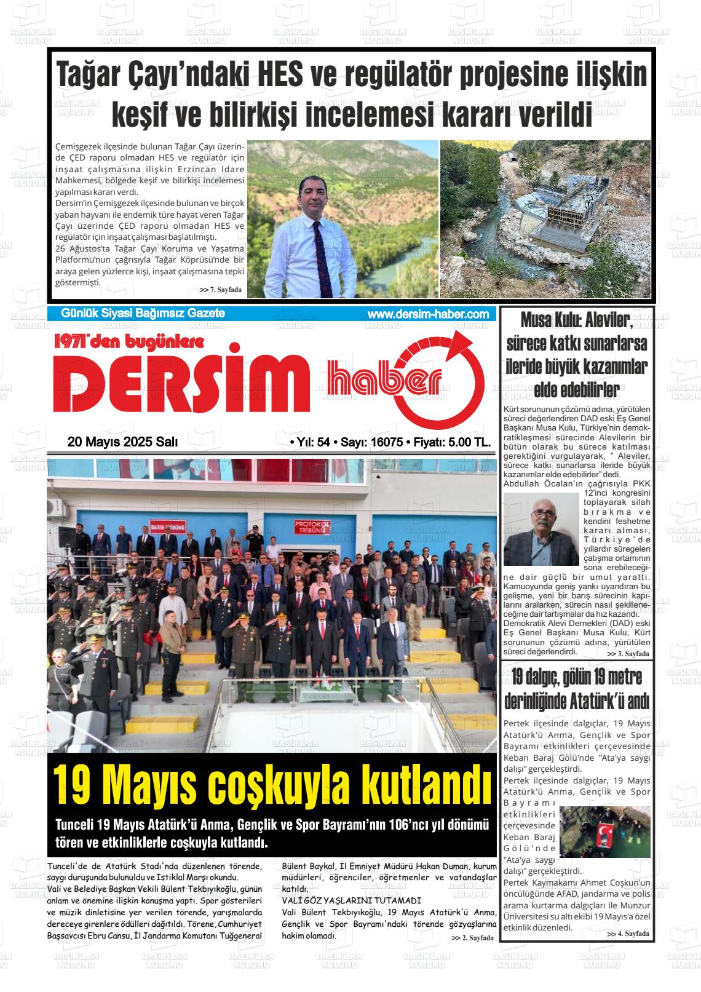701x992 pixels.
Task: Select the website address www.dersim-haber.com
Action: (428, 314)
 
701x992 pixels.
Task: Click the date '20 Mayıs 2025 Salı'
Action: (122, 442)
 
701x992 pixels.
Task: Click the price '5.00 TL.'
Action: (468, 442)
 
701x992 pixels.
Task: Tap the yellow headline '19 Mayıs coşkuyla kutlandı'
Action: (272, 783)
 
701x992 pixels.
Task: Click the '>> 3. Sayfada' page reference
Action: (628, 653)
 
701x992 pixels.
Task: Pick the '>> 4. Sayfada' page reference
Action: (628, 934)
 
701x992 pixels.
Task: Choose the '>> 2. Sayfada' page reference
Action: (472, 938)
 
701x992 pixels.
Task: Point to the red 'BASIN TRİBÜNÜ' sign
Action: (167, 528)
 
